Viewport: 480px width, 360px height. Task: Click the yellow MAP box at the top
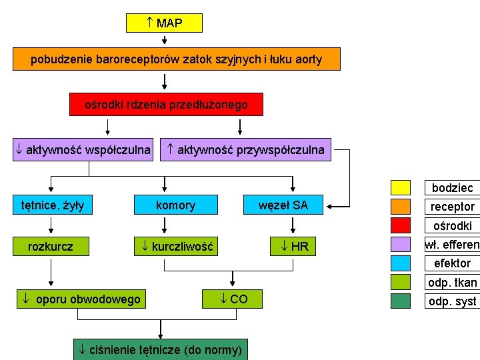[164, 23]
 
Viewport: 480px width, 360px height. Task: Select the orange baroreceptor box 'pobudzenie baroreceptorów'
[177, 59]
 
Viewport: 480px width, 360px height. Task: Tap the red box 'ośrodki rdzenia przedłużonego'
[166, 105]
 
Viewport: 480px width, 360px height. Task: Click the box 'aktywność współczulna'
[83, 150]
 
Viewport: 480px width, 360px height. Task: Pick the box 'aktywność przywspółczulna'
[247, 150]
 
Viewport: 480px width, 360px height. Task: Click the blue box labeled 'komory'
[176, 205]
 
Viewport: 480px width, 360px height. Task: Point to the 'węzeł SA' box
[283, 205]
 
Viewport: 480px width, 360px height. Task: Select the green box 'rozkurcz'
[51, 247]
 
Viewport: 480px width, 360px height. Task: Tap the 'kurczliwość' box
[176, 247]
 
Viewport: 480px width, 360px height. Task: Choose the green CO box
[233, 299]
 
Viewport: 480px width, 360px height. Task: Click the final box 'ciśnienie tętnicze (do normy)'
[160, 349]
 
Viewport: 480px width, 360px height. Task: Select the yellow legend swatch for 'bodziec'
[401, 187]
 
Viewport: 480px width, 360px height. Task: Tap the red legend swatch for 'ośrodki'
[401, 225]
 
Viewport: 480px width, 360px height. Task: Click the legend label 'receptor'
[452, 207]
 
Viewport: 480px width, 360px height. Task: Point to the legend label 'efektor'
[452, 263]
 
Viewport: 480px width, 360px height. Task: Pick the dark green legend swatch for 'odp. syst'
[401, 301]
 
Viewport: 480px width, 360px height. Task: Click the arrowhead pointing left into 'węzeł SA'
[339, 205]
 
